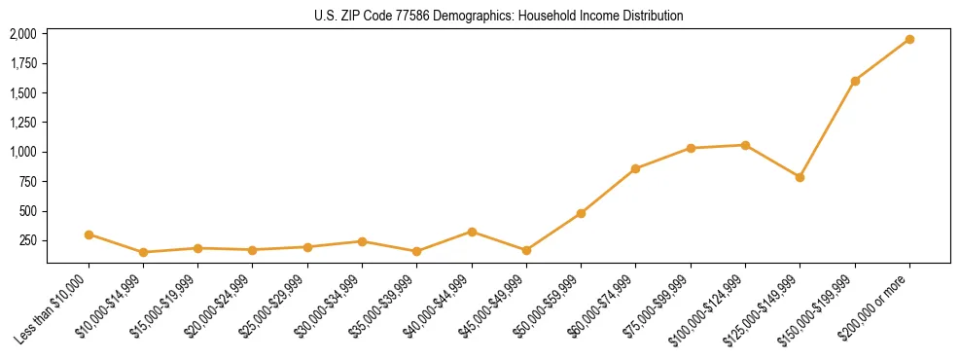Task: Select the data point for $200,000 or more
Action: pyautogui.click(x=909, y=39)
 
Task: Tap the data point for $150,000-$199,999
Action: pyautogui.click(x=855, y=81)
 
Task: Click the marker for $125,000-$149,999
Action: pyautogui.click(x=800, y=177)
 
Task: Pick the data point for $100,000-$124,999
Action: pyautogui.click(x=745, y=145)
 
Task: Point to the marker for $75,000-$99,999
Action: pyautogui.click(x=691, y=148)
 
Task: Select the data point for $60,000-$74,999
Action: pyautogui.click(x=635, y=168)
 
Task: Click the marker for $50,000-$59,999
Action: pyautogui.click(x=581, y=213)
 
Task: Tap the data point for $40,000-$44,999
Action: pyautogui.click(x=472, y=232)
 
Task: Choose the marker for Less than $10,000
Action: pyautogui.click(x=89, y=234)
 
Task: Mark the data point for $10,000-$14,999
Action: pyautogui.click(x=143, y=252)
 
